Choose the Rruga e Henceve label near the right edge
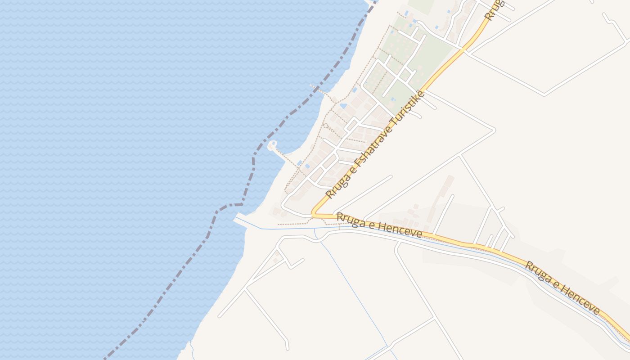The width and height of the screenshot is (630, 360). point(562,288)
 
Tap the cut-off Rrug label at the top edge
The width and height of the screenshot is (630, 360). point(494,9)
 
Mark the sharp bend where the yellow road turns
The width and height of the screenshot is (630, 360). point(313,215)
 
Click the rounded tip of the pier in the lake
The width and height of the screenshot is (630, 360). point(272,145)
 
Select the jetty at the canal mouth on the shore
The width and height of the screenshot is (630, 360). point(241,220)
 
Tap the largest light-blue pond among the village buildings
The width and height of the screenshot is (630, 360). point(343,106)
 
